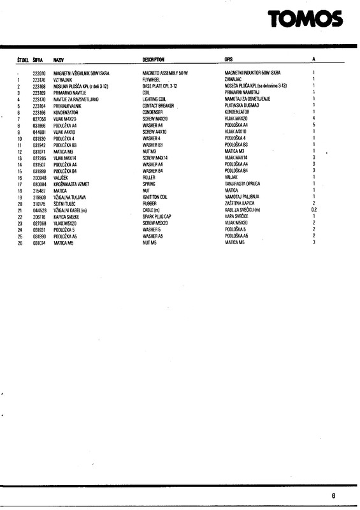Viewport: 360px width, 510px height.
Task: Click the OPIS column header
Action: point(229,59)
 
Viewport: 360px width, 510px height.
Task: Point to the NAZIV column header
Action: point(59,59)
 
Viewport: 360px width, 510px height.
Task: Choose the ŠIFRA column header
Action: point(38,59)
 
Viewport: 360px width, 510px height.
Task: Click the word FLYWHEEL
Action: point(152,80)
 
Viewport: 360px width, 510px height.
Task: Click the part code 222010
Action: point(40,73)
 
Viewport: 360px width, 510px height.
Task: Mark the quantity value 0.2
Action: point(313,210)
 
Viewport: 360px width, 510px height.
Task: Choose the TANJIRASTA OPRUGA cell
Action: point(245,184)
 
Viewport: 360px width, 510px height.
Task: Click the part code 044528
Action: point(40,210)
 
